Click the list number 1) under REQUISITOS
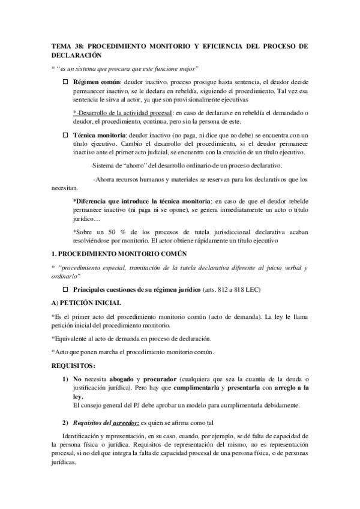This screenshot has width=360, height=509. pos(65,379)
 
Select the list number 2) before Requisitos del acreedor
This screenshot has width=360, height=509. pos(65,423)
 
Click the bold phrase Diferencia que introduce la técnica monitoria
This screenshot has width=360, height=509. pos(142,200)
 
